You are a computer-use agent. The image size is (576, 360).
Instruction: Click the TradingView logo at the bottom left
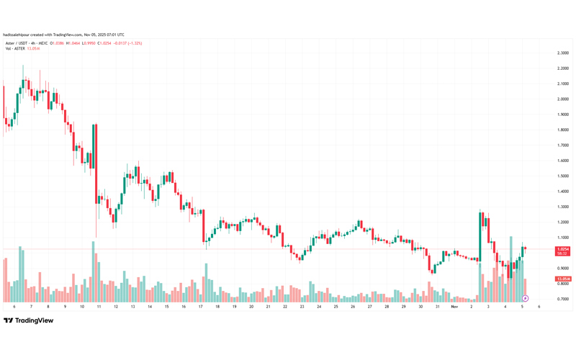point(29,320)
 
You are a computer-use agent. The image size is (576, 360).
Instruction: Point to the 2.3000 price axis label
point(564,53)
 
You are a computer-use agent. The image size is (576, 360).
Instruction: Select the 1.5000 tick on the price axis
point(564,176)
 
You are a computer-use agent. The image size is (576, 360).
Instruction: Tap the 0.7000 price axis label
point(564,299)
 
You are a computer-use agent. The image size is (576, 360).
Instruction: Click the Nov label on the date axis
point(454,307)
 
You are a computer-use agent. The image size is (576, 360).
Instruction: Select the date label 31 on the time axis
point(437,307)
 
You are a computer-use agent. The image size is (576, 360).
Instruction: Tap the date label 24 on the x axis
point(319,307)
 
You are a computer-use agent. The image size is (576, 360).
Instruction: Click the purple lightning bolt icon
point(526,298)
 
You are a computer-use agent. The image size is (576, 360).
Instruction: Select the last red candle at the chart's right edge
point(526,249)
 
